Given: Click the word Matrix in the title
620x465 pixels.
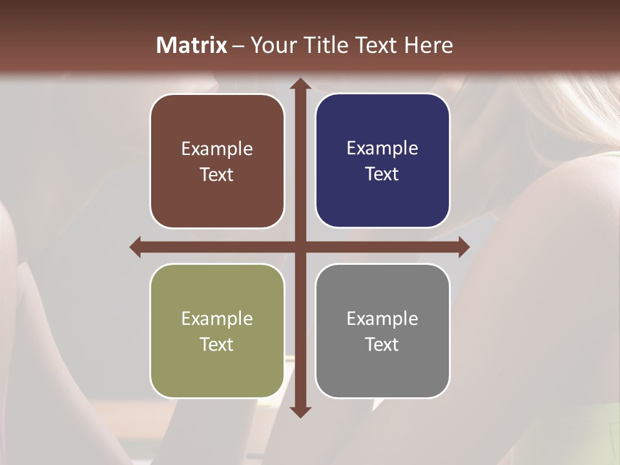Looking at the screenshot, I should pos(191,45).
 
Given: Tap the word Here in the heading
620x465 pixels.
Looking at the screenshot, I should pos(428,45).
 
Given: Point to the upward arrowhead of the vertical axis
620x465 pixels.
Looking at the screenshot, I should pos(300,85).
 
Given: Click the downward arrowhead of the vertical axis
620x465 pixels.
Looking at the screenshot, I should pos(300,411).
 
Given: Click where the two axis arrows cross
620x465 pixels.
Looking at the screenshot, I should pos(300,247).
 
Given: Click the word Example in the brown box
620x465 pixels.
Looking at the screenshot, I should pos(217,149).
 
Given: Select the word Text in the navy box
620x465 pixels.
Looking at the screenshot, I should pos(382,174).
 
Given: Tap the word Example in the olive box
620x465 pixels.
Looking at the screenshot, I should pos(217,318).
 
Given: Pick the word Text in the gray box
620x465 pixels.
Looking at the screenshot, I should pos(382,344).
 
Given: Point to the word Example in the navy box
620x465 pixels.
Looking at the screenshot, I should pos(382,149).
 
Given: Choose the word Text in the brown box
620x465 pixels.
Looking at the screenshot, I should pos(217,175).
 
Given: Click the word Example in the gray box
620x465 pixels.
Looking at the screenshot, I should pos(382,318).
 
